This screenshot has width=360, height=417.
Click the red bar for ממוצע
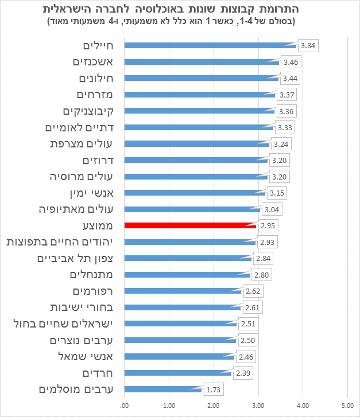(190, 225)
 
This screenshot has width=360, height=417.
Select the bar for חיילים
(210, 45)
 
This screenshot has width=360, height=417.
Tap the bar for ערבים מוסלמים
(163, 389)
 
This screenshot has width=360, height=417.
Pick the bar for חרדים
(178, 373)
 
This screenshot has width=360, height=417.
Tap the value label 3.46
(291, 61)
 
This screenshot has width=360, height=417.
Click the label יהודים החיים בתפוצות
(60, 242)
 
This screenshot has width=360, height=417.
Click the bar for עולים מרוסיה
(196, 176)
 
